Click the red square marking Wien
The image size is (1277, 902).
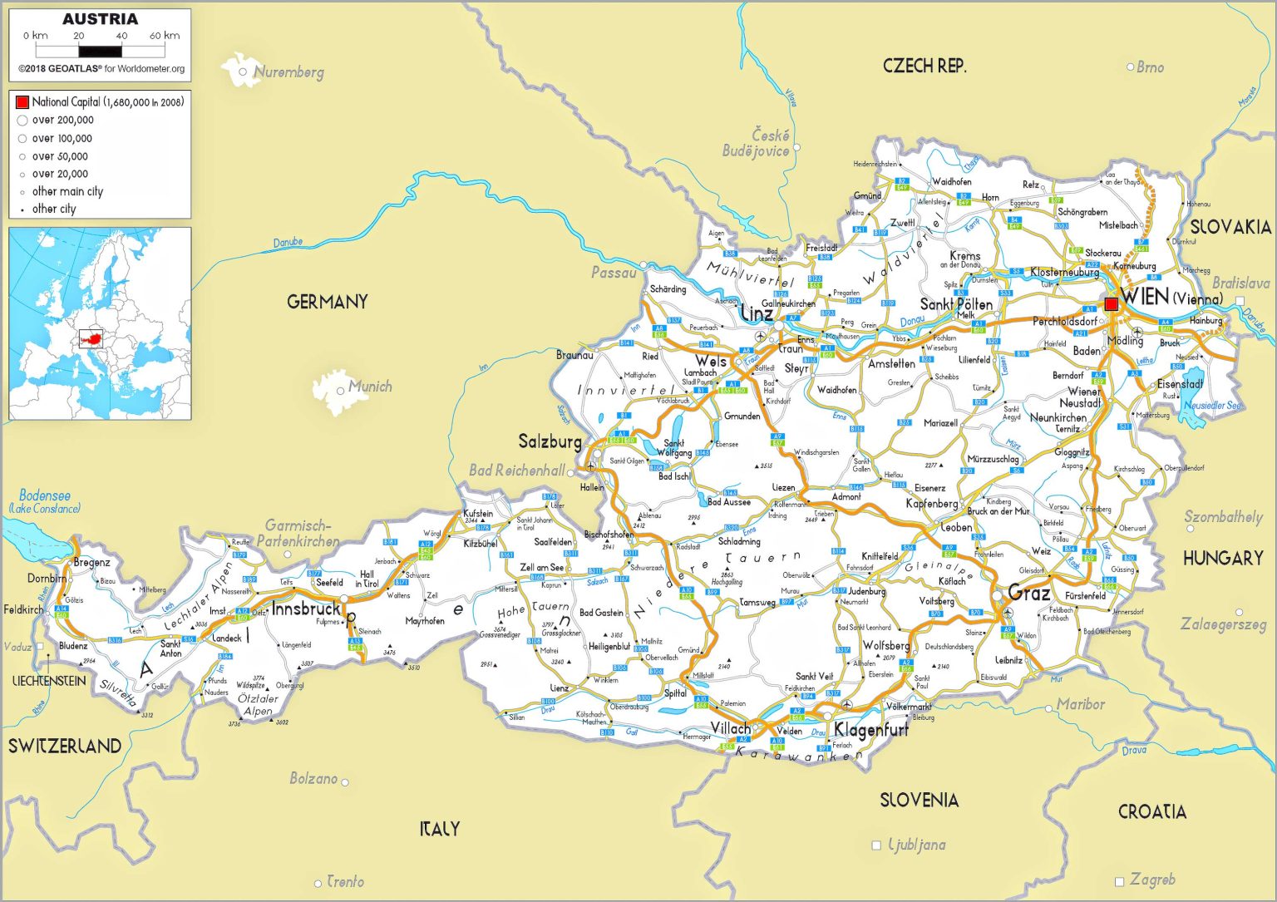coord(1111,304)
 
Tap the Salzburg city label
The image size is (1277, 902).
coord(550,441)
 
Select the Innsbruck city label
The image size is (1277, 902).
coord(305,609)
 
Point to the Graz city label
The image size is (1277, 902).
coord(1028,593)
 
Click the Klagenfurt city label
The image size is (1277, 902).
coord(870,730)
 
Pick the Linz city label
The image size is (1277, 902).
coord(756,314)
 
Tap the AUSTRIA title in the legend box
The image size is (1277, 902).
coord(100,19)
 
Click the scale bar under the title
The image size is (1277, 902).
coord(100,52)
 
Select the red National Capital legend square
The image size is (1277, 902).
coord(22,102)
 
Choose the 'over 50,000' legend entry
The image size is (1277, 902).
coord(59,156)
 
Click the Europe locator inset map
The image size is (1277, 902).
coord(100,323)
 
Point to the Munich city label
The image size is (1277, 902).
coord(370,386)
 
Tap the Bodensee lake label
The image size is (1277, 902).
coord(45,495)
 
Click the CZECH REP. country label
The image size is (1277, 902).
coord(924,67)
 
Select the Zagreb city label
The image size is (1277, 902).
coord(1152,879)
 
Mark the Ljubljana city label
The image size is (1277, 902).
coord(917,845)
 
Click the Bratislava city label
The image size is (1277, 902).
coord(1240,283)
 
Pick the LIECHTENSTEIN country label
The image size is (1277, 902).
coord(49,681)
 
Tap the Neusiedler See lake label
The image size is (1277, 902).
coord(1213,406)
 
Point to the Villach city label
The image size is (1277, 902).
coord(730,728)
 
